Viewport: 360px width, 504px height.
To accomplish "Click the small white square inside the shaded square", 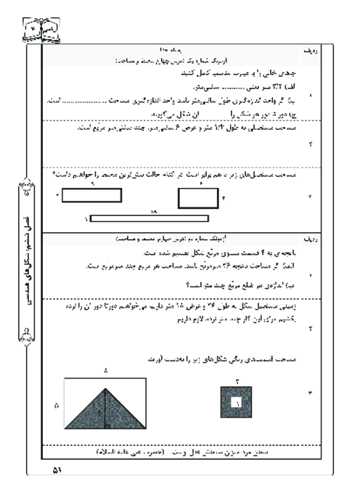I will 235,402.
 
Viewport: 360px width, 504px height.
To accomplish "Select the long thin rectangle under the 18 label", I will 150,218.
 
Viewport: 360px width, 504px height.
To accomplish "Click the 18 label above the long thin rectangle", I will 153,210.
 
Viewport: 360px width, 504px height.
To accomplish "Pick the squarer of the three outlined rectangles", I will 197,197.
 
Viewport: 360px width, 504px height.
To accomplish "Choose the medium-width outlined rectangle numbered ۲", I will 91,195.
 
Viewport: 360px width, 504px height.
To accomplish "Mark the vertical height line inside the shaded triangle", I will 106,408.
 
